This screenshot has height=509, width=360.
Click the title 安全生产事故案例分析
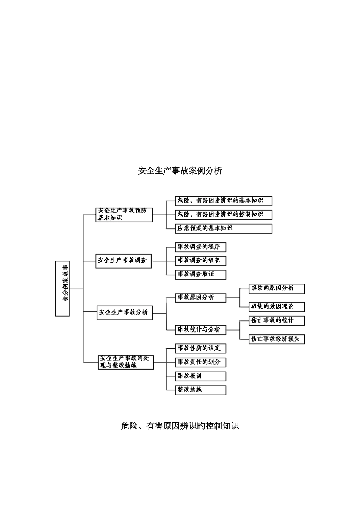(x=180, y=171)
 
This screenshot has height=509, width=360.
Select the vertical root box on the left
(x=63, y=289)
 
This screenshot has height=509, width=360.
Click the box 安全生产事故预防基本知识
(x=124, y=214)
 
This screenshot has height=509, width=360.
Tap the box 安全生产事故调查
(x=124, y=261)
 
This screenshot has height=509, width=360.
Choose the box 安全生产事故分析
(x=125, y=312)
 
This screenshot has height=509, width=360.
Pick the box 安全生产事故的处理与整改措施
(x=126, y=362)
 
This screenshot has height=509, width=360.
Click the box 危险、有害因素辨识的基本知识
(x=224, y=201)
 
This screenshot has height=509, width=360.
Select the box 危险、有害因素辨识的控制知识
(x=224, y=214)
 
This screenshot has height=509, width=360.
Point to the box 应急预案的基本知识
(x=224, y=228)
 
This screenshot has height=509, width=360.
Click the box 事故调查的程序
(x=200, y=247)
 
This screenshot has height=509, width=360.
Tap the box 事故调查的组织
(x=200, y=261)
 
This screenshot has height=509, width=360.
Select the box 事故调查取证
(x=200, y=274)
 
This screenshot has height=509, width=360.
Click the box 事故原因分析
(x=200, y=298)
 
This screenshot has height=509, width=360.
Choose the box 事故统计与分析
(x=200, y=330)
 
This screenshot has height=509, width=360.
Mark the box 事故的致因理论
(x=277, y=306)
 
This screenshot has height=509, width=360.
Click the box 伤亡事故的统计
(x=277, y=320)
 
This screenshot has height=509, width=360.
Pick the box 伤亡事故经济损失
(x=277, y=339)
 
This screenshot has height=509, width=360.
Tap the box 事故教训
(x=200, y=376)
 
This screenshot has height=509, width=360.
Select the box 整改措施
(x=200, y=390)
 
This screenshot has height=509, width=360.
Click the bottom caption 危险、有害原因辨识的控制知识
(x=180, y=426)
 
